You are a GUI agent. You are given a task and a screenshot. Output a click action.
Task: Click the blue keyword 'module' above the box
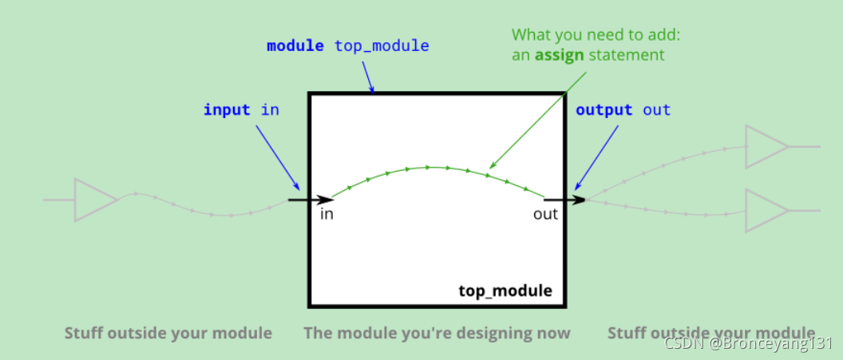[295, 45]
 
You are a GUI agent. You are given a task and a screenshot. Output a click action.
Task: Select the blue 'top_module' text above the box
[382, 46]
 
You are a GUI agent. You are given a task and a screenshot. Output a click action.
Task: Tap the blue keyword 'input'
[227, 109]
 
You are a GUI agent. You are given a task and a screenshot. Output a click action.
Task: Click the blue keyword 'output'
[604, 110]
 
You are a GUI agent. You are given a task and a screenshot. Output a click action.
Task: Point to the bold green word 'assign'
[559, 55]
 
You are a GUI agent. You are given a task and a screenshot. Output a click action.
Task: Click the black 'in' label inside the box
[327, 214]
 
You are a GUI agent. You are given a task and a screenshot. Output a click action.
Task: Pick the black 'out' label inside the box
[546, 214]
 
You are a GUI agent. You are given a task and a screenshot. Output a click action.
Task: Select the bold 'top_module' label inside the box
[505, 290]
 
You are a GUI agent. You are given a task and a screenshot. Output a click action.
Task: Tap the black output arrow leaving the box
[565, 199]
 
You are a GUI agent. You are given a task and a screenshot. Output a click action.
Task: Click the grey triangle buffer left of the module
[94, 199]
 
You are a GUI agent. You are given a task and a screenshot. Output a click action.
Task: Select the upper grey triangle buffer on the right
[765, 147]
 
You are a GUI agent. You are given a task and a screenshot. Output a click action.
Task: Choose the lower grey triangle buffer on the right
[765, 211]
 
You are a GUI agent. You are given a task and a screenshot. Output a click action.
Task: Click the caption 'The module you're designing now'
[437, 333]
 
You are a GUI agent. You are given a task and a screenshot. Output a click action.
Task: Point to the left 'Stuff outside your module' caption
[168, 333]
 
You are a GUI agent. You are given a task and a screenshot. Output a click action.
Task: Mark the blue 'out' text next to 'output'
[657, 110]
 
